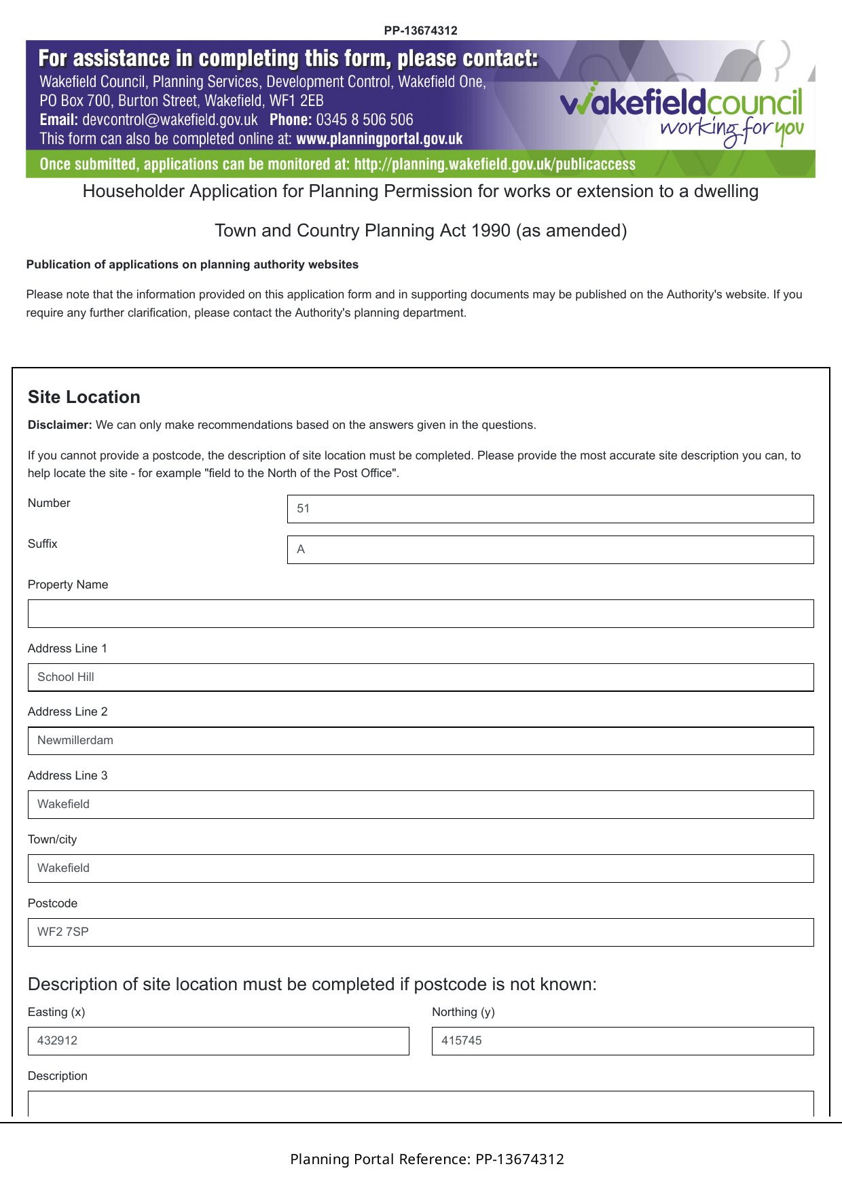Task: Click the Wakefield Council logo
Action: [681, 113]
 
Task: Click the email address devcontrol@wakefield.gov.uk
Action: [170, 120]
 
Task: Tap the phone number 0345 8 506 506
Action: [364, 120]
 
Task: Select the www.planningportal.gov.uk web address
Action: [380, 139]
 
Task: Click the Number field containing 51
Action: [550, 509]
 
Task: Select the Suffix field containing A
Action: [550, 550]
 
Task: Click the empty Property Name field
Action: [420, 614]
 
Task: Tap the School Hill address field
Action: [420, 678]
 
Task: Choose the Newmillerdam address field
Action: [420, 741]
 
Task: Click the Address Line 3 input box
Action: [420, 805]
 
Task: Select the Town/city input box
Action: [420, 869]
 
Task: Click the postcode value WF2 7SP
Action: [63, 932]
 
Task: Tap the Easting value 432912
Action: [58, 1040]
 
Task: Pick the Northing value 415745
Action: [462, 1040]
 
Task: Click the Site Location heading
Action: [84, 397]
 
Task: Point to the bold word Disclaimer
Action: [60, 425]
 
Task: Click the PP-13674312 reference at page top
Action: [420, 31]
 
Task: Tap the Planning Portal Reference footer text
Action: [427, 1159]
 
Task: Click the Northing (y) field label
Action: [463, 1012]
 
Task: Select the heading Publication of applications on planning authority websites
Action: [192, 264]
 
